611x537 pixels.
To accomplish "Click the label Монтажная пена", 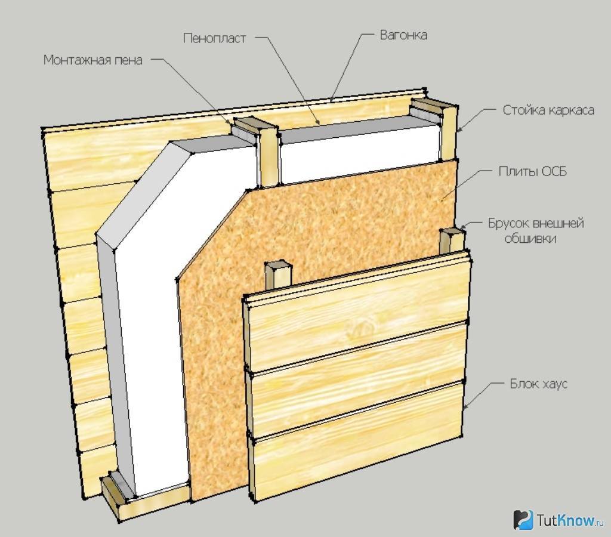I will point(93,60).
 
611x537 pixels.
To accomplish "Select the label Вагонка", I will point(403,35).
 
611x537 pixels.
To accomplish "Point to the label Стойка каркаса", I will point(548,110).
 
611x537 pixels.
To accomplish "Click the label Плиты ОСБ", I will point(533,172).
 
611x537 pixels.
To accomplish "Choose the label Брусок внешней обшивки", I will point(536,231).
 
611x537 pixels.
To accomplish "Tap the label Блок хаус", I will point(538,384).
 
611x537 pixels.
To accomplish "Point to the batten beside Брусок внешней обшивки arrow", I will point(452,241).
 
